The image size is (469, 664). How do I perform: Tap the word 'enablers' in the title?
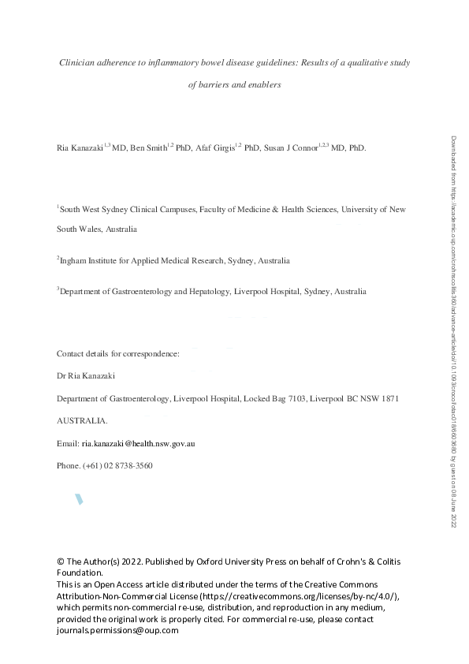pyautogui.click(x=263, y=85)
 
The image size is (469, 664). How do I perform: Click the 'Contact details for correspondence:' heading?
pyautogui.click(x=118, y=354)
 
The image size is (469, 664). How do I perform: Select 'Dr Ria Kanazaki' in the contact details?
pyautogui.click(x=86, y=377)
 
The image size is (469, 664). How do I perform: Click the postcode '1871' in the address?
pyautogui.click(x=390, y=399)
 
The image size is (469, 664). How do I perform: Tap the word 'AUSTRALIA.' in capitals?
pyautogui.click(x=82, y=421)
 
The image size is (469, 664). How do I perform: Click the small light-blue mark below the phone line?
pyautogui.click(x=79, y=499)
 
